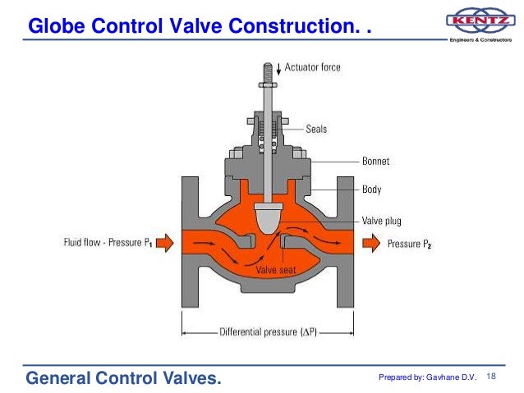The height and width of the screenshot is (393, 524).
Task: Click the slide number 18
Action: (x=493, y=376)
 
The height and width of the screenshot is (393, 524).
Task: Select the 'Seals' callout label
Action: (x=317, y=129)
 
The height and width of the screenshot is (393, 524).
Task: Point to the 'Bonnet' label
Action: (x=375, y=161)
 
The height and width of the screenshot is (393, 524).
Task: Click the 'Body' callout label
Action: (x=371, y=189)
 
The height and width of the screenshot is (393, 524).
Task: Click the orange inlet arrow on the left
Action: (x=162, y=243)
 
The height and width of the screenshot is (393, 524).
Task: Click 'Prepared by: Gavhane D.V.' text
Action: (x=427, y=377)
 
